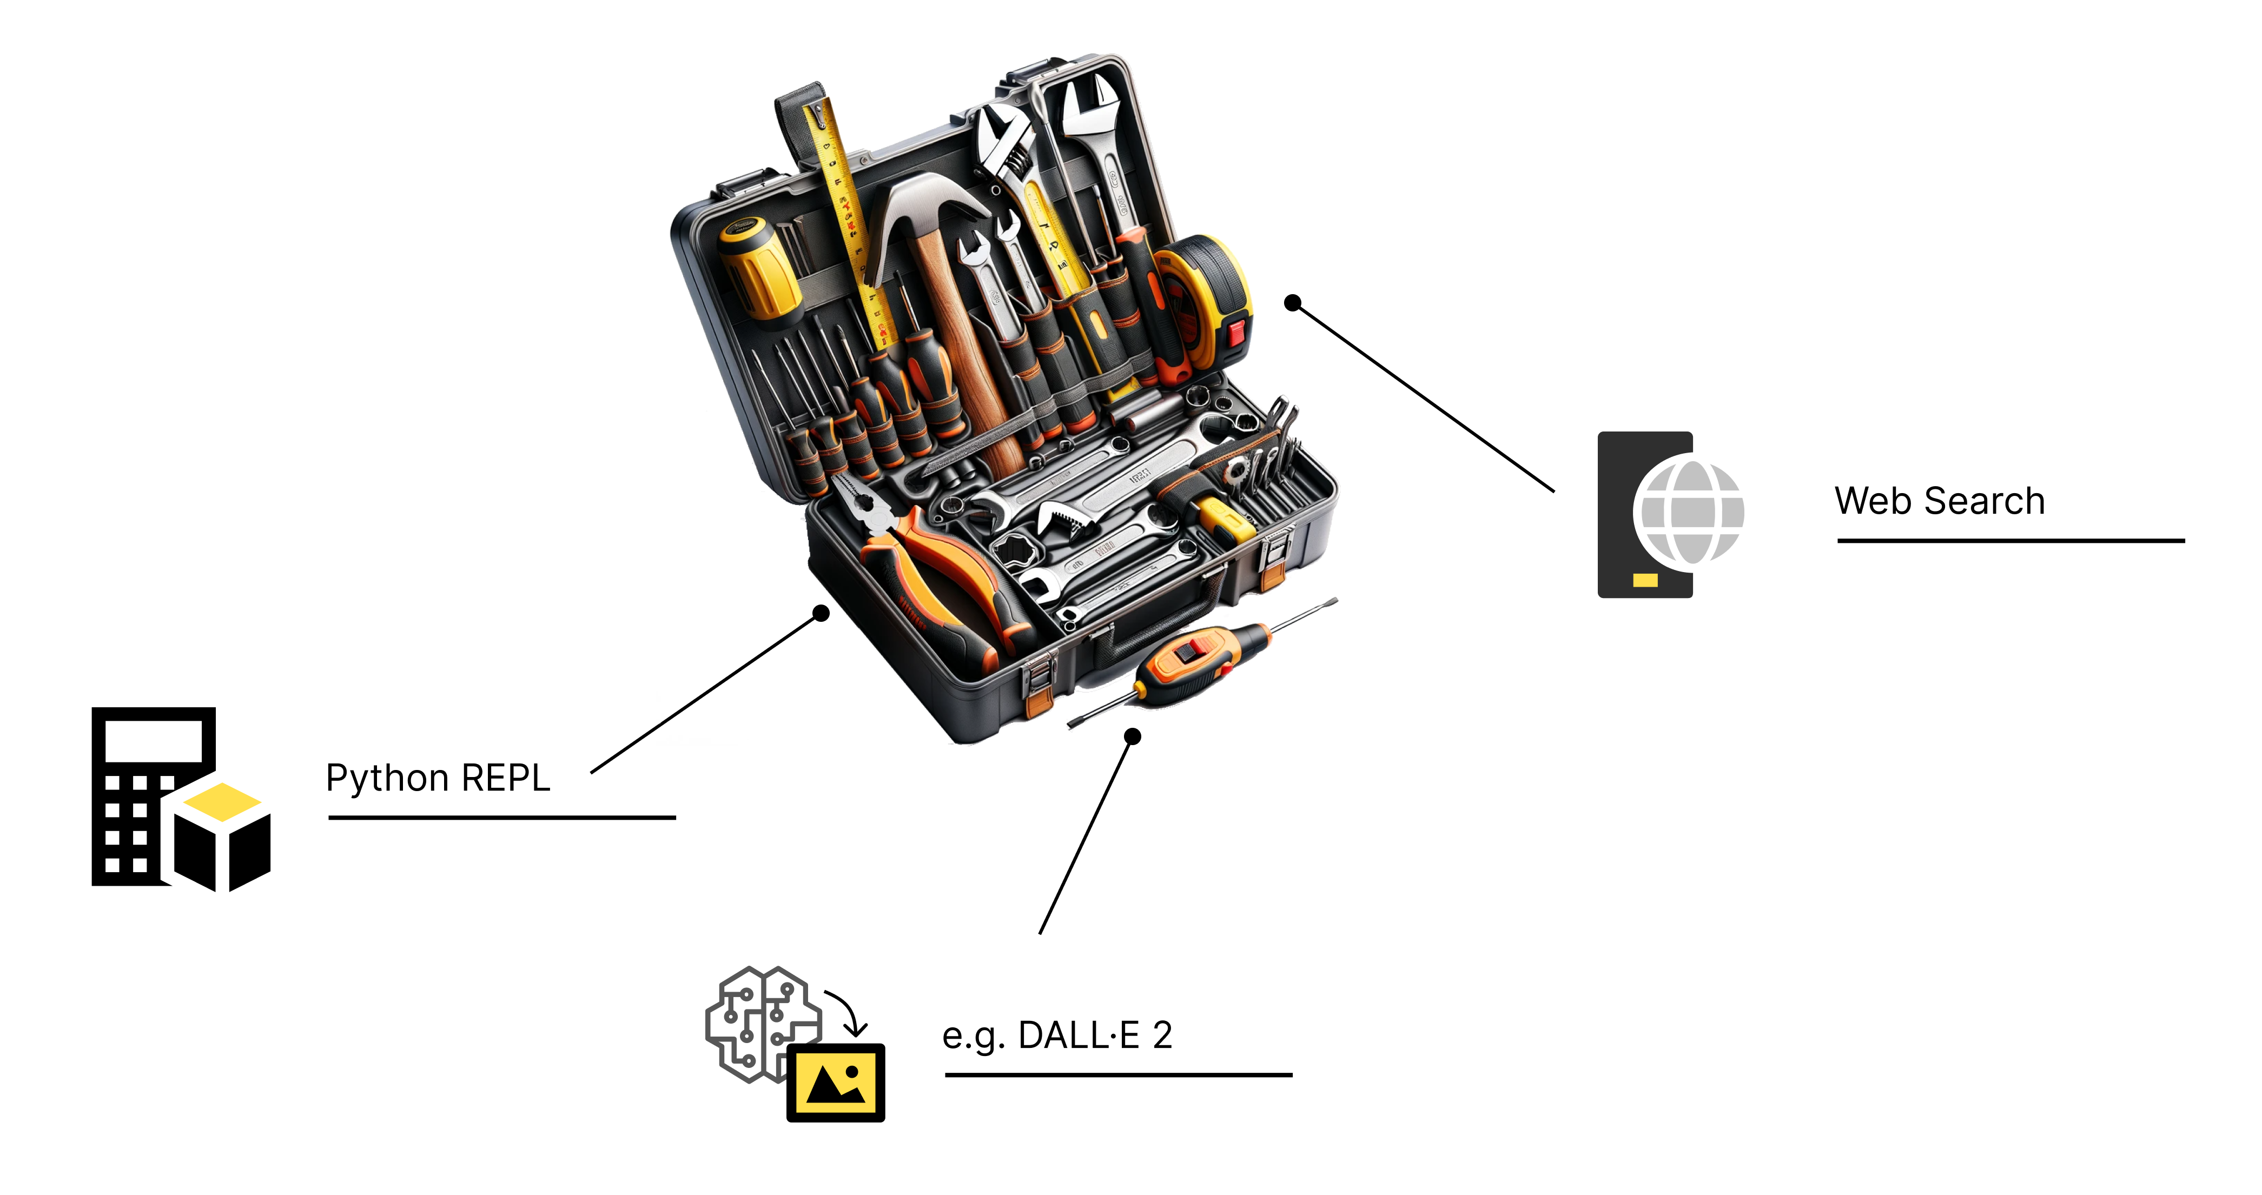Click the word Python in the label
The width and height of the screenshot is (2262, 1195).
click(x=387, y=779)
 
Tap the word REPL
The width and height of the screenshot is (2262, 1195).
click(x=506, y=778)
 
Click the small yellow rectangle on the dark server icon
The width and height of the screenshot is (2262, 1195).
click(x=1645, y=580)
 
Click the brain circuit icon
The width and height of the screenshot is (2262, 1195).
click(x=762, y=1023)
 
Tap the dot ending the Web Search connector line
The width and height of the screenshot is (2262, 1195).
click(x=1293, y=303)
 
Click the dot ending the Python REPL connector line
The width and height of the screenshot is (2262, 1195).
click(x=821, y=613)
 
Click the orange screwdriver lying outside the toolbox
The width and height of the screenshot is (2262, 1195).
click(x=1203, y=663)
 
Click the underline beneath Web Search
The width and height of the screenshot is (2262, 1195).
click(x=2011, y=541)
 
